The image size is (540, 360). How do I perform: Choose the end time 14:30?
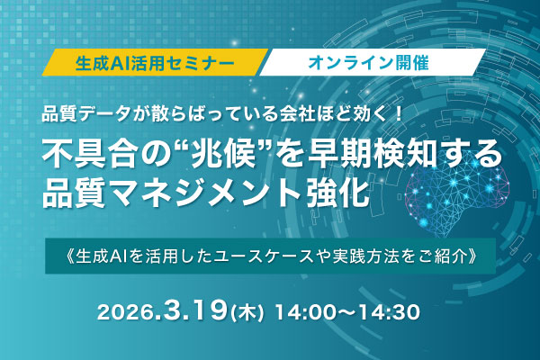tap(388, 314)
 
